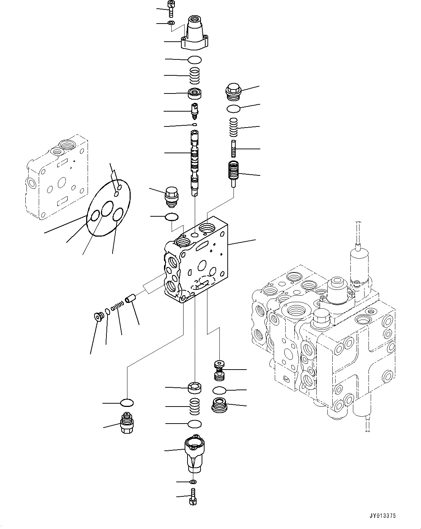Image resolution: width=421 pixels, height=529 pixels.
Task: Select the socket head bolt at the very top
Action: [x=171, y=9]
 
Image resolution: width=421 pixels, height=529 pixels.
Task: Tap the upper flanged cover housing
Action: [x=195, y=36]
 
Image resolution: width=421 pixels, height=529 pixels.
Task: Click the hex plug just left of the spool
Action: [x=171, y=197]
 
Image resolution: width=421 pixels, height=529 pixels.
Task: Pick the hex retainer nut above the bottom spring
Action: [x=195, y=388]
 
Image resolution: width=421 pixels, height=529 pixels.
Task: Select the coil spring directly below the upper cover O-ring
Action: [x=195, y=76]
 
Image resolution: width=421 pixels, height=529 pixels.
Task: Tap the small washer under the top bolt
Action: [x=171, y=24]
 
